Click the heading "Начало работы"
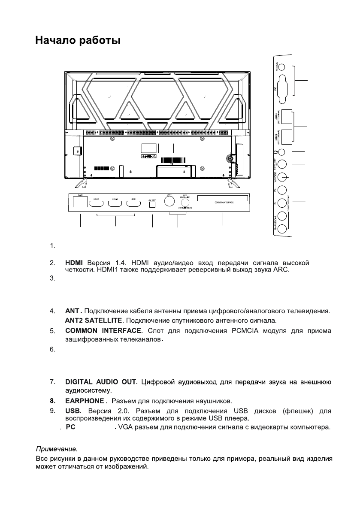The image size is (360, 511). click(x=77, y=41)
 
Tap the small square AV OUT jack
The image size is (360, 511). click(x=152, y=205)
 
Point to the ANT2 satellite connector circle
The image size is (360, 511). click(x=186, y=203)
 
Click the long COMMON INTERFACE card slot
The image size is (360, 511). click(x=223, y=199)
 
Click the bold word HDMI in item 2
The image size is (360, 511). click(x=74, y=263)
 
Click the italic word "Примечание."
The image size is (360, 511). click(x=56, y=449)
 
